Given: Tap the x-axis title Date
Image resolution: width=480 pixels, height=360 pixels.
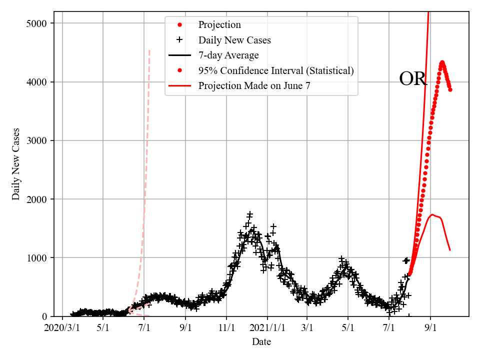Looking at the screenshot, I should (261, 342).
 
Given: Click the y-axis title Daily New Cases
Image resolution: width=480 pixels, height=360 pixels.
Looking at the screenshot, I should (16, 164).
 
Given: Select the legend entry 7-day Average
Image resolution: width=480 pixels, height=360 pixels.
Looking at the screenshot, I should (228, 55).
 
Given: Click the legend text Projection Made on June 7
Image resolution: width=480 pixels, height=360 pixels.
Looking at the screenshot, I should (254, 85).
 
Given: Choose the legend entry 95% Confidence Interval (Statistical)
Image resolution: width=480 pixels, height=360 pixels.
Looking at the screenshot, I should (275, 70).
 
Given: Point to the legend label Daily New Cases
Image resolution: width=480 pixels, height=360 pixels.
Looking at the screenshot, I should (234, 40).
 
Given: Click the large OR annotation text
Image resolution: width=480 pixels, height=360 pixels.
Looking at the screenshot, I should (413, 79).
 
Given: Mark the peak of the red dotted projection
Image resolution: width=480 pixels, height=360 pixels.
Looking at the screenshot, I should (442, 62).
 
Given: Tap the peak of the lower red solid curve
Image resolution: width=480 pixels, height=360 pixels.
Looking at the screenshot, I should (432, 214).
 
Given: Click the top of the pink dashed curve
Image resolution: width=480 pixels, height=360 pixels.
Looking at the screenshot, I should (149, 50).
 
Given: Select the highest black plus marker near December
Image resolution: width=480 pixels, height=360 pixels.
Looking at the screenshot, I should (250, 214).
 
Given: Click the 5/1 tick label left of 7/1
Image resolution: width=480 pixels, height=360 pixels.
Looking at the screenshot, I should (103, 328).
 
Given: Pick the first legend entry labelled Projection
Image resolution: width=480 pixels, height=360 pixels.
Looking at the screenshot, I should (219, 25).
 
